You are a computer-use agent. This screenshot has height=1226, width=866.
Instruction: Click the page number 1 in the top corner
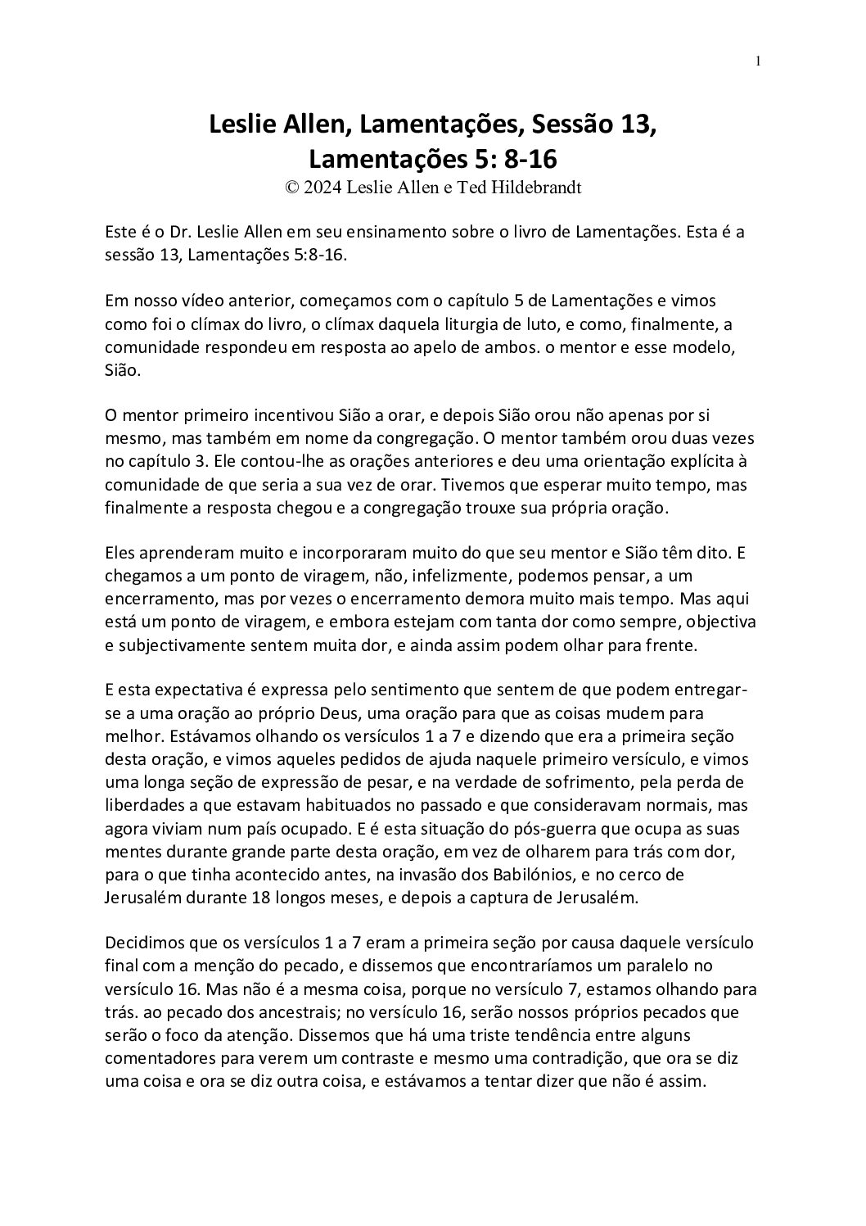click(759, 61)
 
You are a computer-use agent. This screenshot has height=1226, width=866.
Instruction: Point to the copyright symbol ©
click(291, 188)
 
